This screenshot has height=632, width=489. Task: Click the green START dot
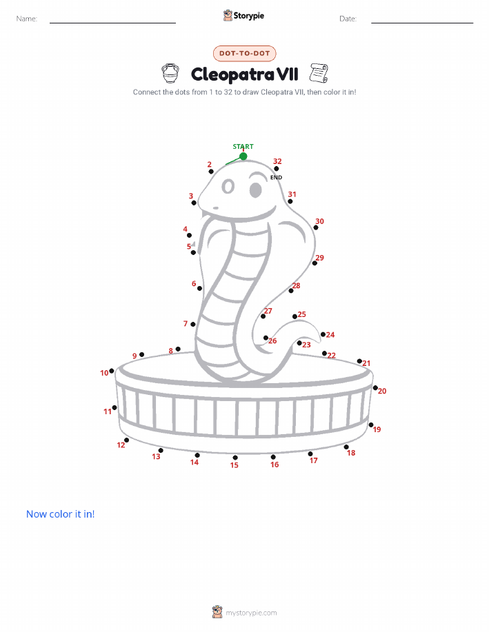[x=243, y=156]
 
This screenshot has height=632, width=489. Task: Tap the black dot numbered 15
[x=235, y=458]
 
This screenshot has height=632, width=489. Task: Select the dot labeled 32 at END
[x=277, y=168]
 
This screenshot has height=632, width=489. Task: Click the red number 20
[x=382, y=391]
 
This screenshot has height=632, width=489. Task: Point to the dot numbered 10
[x=112, y=371]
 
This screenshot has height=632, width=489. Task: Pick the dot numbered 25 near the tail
[x=295, y=316]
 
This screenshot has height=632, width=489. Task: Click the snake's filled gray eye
[x=256, y=190]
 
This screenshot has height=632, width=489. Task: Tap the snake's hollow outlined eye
[x=228, y=187]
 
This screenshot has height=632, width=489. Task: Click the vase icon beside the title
[x=170, y=73]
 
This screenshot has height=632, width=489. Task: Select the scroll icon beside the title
[x=319, y=73]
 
